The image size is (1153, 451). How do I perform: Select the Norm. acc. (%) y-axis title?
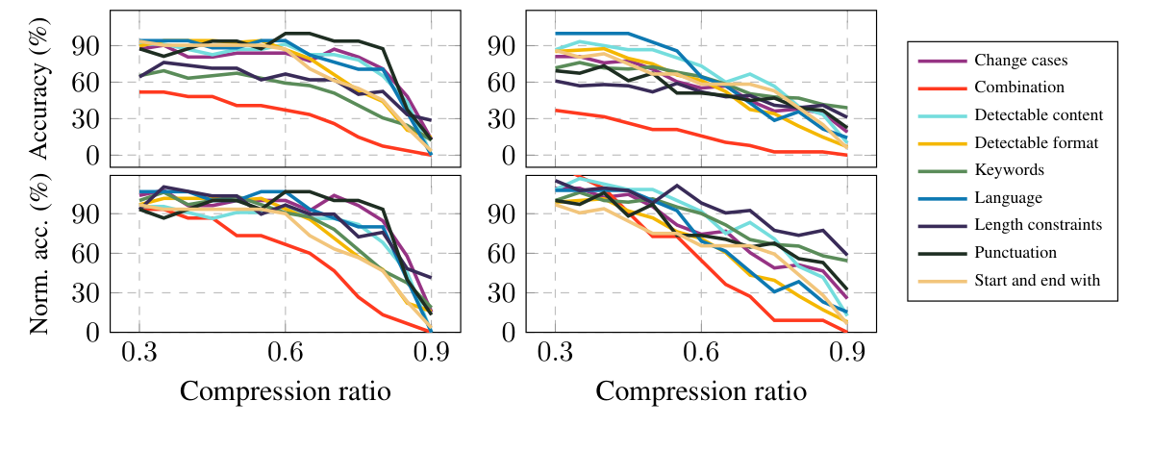40,254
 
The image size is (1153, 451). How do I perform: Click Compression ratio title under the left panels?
285,392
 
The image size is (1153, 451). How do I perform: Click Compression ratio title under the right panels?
700,392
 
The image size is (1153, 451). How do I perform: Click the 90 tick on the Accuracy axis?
85,46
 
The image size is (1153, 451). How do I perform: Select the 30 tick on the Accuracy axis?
85,119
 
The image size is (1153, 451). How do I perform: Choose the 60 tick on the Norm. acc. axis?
85,253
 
